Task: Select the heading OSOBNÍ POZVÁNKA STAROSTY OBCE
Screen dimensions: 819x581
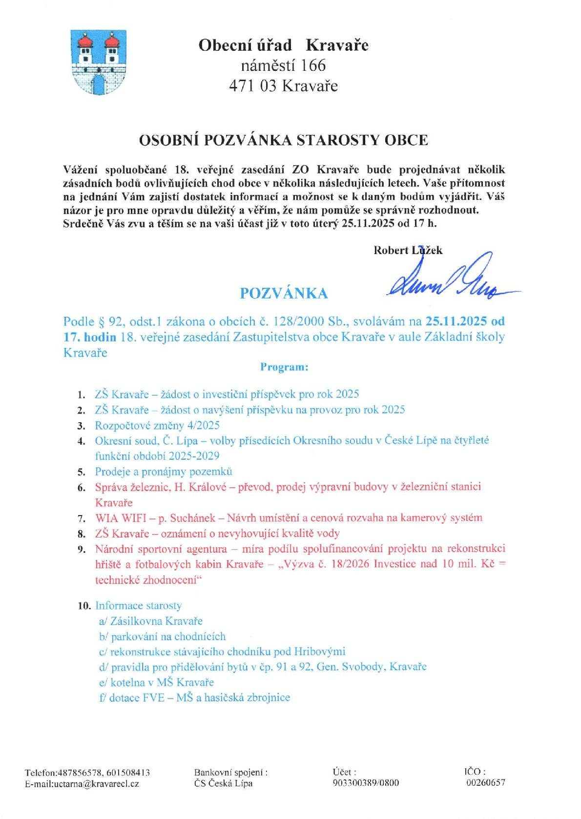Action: coord(284,140)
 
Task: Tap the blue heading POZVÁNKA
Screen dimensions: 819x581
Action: coord(284,293)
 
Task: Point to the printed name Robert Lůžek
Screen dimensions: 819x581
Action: coord(408,250)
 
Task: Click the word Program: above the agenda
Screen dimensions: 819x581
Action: coord(284,367)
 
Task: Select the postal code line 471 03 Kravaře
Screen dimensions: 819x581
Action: coord(283,86)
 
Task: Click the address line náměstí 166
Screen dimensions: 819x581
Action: coord(283,65)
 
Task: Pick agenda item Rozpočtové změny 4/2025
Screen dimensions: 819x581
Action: coord(157,425)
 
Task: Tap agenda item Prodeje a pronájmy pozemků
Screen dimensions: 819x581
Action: coord(164,472)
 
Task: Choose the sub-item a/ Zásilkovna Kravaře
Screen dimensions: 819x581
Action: coord(150,621)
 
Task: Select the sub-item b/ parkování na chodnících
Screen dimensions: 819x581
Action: coord(162,636)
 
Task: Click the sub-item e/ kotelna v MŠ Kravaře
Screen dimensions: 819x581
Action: coord(156,682)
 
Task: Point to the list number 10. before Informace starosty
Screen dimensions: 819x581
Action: coord(84,606)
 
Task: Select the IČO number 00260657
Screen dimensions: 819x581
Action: coord(485,783)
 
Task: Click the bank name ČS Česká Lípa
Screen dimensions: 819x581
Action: coord(223,783)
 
